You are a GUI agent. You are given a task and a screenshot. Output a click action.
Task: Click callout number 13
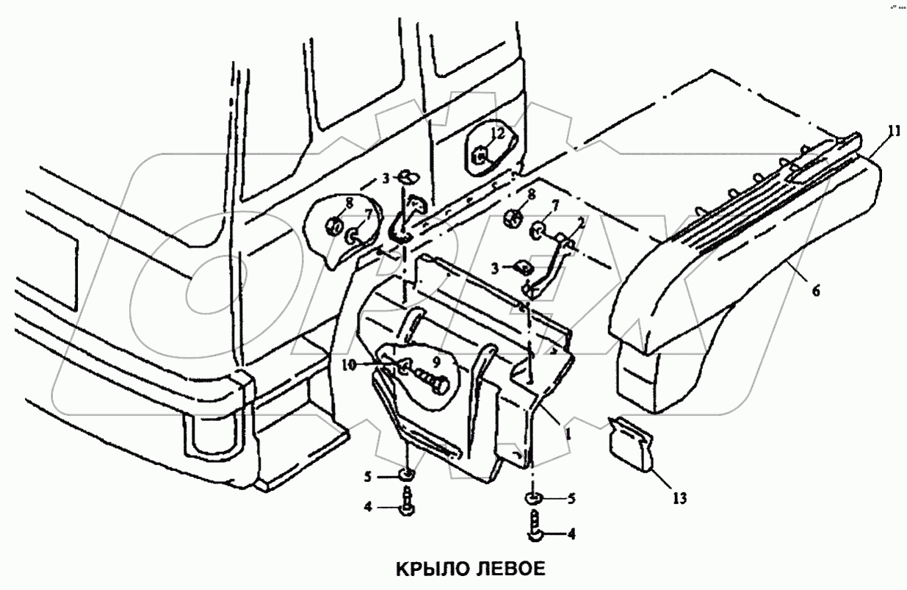(x=679, y=499)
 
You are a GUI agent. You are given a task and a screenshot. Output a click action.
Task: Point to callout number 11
(x=893, y=132)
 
